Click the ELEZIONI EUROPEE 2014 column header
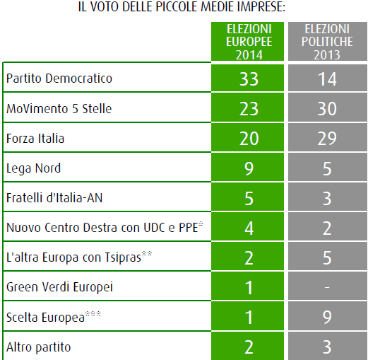(249, 42)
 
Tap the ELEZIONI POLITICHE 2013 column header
(327, 42)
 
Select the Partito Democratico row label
(59, 79)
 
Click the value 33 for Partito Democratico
(249, 79)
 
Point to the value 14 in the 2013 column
(327, 79)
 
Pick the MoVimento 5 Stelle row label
(59, 109)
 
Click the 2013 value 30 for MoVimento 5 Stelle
(327, 109)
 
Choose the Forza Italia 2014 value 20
(249, 139)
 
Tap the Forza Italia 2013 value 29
(327, 139)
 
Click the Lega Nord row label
(33, 168)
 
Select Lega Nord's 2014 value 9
(249, 168)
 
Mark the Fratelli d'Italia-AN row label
(54, 198)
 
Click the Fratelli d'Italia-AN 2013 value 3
(327, 198)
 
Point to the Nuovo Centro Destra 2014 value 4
(249, 228)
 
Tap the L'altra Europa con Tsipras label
(79, 257)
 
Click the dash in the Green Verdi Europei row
(327, 287)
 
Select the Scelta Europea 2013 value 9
(327, 317)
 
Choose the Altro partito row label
(38, 347)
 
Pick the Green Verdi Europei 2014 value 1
(249, 287)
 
